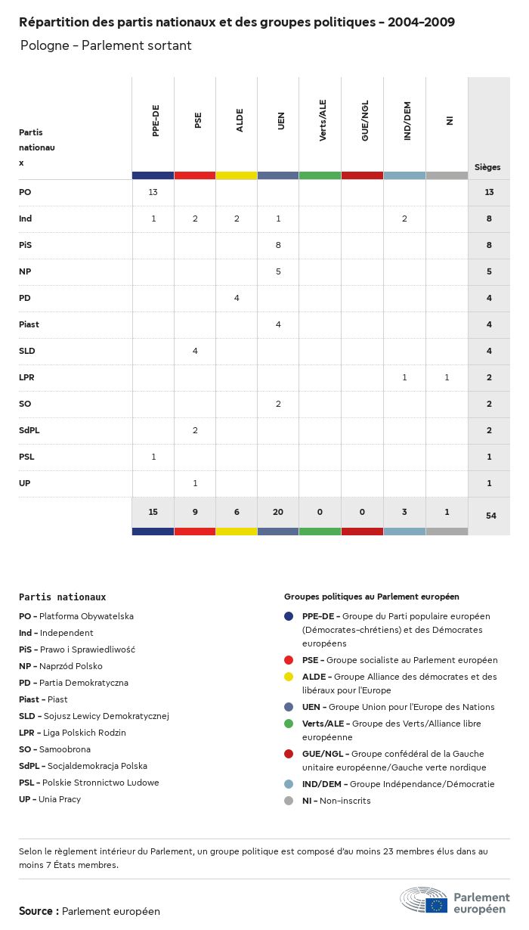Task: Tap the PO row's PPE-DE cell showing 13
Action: pyautogui.click(x=153, y=192)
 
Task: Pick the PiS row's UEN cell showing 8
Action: pyautogui.click(x=278, y=245)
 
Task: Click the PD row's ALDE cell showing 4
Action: pyautogui.click(x=237, y=298)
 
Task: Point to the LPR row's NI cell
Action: pyautogui.click(x=447, y=377)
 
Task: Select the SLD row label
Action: pyautogui.click(x=27, y=351)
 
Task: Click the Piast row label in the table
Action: pyautogui.click(x=29, y=324)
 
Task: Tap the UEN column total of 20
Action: pyautogui.click(x=278, y=512)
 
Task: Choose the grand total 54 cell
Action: pyautogui.click(x=489, y=516)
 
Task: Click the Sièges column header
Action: pyautogui.click(x=487, y=167)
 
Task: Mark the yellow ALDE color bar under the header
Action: pyautogui.click(x=237, y=175)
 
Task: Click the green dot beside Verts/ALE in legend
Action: pyautogui.click(x=289, y=724)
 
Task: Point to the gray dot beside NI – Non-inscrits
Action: pyautogui.click(x=289, y=801)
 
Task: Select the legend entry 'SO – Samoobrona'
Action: pyautogui.click(x=54, y=749)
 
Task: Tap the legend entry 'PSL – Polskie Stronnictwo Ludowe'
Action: pyautogui.click(x=89, y=783)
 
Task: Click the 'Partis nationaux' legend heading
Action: pyautogui.click(x=63, y=597)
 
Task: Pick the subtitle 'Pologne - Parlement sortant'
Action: pyautogui.click(x=106, y=45)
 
